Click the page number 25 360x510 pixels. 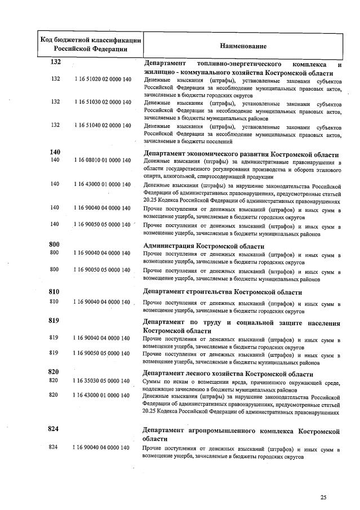tap(323, 496)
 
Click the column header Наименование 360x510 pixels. tap(243, 45)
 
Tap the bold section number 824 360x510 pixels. tap(54, 429)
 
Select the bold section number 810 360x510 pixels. tap(54, 292)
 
